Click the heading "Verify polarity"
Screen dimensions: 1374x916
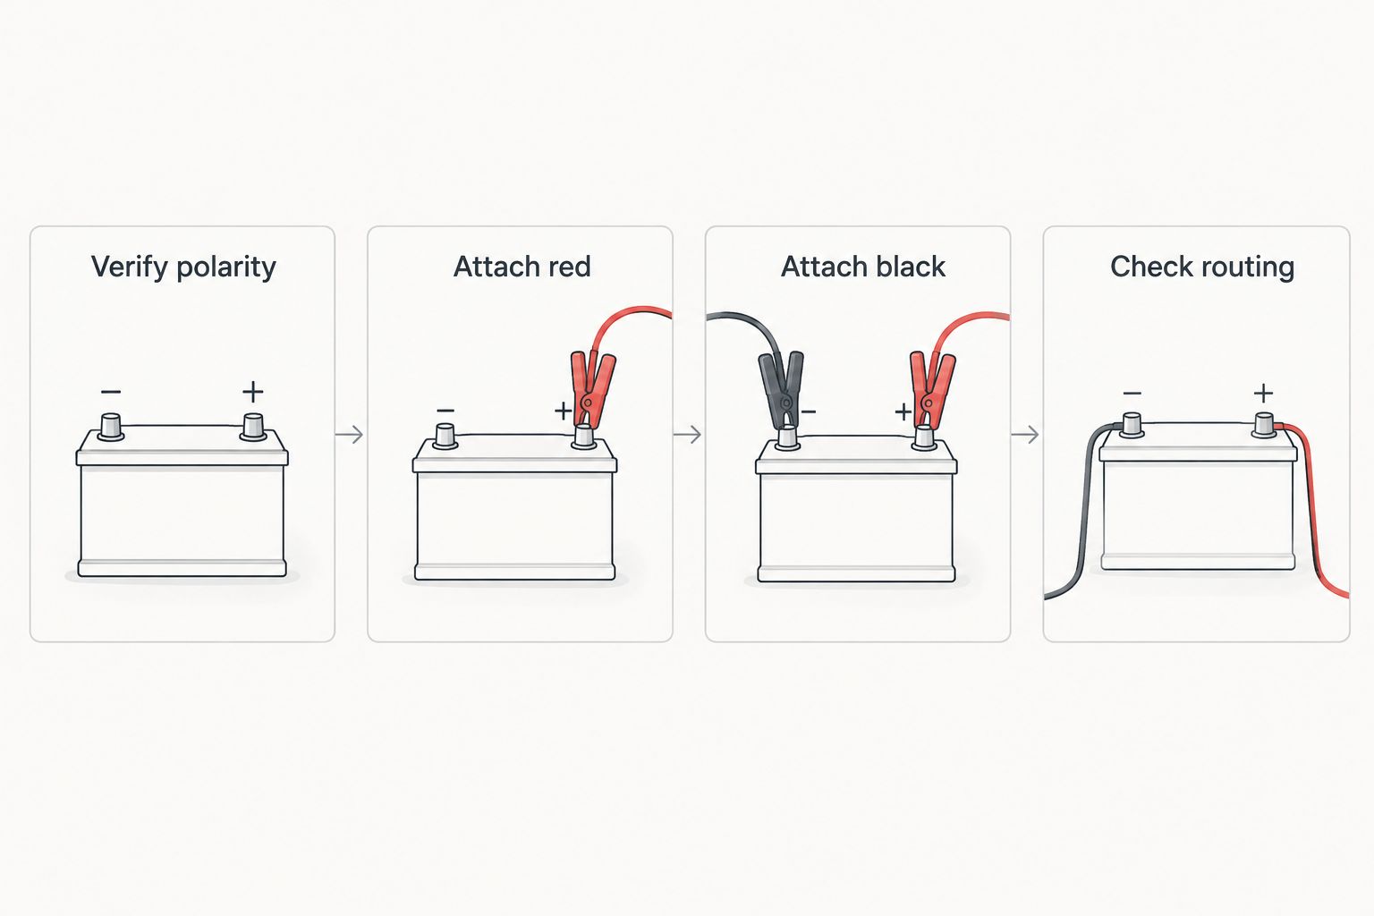coord(183,267)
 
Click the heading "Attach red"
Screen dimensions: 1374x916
coord(522,267)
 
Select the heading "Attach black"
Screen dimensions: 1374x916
coord(863,267)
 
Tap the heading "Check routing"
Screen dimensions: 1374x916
coord(1202,267)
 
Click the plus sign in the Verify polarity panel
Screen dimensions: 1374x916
coord(253,392)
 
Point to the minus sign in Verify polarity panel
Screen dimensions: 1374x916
coord(111,392)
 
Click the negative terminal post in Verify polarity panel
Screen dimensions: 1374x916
coord(111,427)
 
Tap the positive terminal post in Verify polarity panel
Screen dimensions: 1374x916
coord(253,427)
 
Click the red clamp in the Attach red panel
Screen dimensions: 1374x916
coord(591,389)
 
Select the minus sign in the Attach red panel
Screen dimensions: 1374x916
coord(445,411)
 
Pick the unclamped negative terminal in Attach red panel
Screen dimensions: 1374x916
coord(445,437)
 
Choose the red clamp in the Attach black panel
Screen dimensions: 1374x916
coord(931,390)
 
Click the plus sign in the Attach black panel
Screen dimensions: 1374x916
coord(903,411)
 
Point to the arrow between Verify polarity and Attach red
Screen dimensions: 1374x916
coord(350,435)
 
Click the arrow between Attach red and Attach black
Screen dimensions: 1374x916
coord(688,435)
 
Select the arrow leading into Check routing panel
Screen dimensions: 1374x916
coord(1026,435)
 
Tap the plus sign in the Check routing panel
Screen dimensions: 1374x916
coord(1264,393)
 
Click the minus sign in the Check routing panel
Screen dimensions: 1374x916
coord(1132,394)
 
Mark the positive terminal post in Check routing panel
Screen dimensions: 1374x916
coord(1264,426)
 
